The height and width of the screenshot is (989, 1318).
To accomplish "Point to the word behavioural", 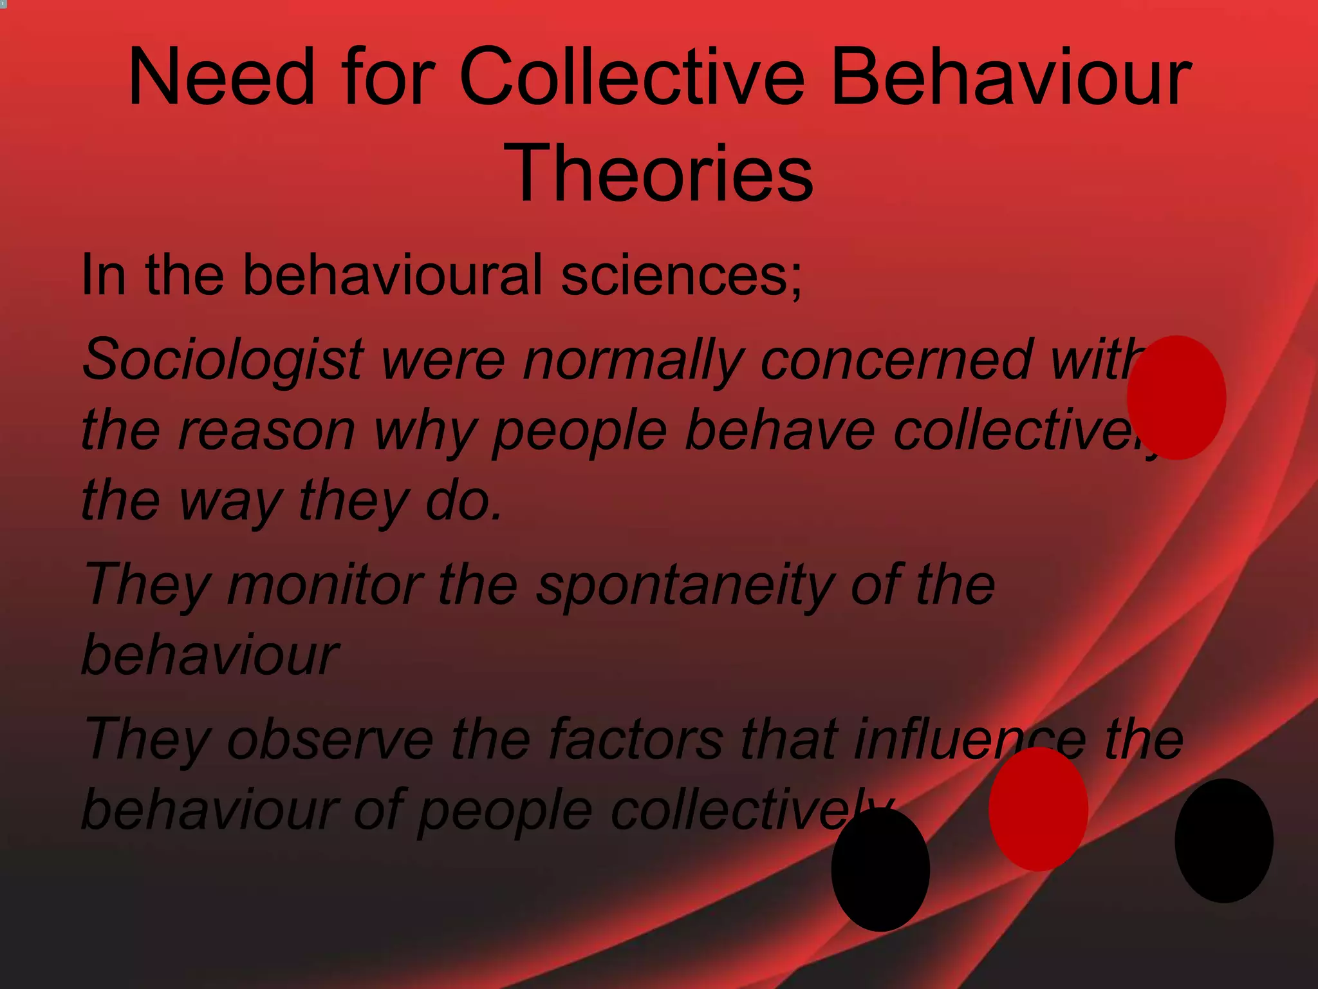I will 392,276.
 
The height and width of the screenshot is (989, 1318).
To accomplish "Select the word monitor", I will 324,585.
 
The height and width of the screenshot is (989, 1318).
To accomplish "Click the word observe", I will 330,739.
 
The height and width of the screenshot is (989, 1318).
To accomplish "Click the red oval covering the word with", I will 1176,397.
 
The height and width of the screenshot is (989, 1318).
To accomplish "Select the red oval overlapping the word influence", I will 1038,809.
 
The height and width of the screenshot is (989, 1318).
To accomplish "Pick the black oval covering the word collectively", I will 880,869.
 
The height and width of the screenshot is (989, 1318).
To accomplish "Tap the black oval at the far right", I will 1223,840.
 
